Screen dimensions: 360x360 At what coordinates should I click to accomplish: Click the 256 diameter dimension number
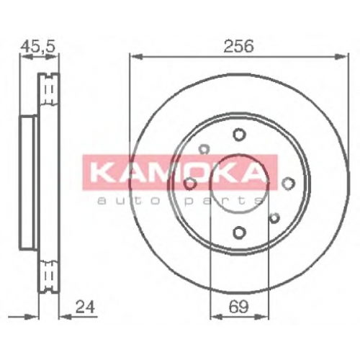(x=238, y=46)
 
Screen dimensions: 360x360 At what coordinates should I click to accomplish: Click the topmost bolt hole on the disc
(x=239, y=135)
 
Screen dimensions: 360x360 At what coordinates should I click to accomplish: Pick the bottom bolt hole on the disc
(x=239, y=233)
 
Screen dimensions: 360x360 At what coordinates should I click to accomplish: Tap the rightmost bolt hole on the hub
(x=288, y=184)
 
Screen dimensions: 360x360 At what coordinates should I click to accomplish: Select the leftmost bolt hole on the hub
(x=190, y=184)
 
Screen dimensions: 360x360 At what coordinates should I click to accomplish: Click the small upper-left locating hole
(x=204, y=149)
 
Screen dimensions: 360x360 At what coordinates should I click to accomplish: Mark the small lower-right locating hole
(x=274, y=217)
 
